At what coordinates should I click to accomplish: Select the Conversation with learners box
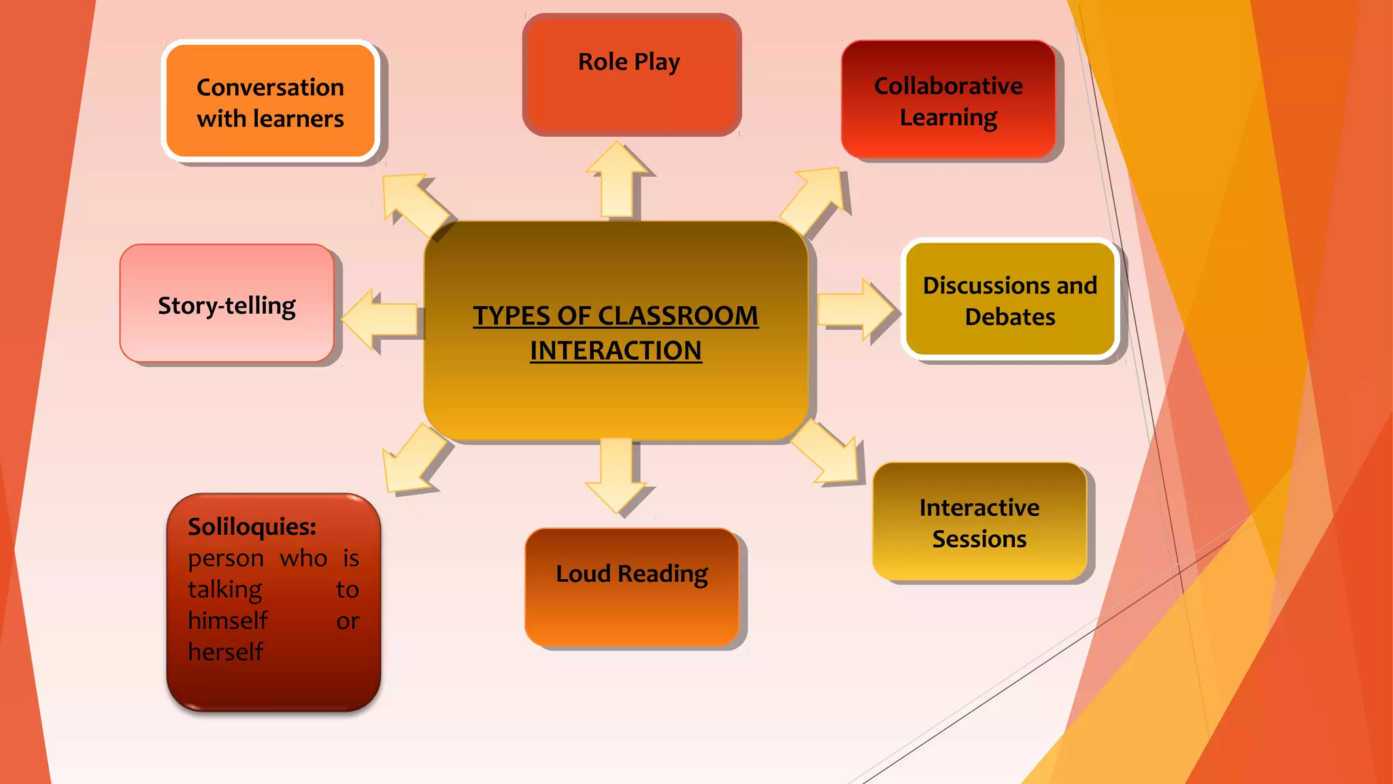point(270,102)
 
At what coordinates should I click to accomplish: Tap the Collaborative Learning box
point(948,101)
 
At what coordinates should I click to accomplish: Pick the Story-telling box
point(226,304)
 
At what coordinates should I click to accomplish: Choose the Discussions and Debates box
point(1010,299)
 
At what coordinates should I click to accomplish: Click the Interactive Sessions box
point(979,522)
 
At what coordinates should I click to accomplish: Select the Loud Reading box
point(632,587)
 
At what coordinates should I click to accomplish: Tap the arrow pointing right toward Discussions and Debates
point(856,310)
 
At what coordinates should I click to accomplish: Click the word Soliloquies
point(252,527)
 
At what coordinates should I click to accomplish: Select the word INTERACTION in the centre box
point(616,350)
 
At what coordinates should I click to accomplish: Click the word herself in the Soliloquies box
point(225,652)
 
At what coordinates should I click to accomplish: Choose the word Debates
point(1010,317)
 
